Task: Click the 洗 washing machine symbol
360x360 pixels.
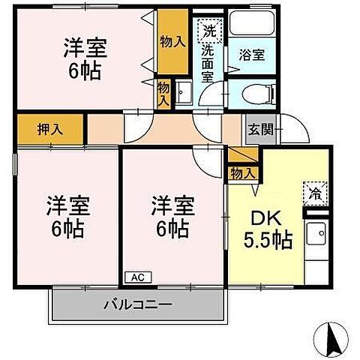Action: tap(207, 31)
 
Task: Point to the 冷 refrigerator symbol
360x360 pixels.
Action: tap(315, 193)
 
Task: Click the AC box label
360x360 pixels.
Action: tap(137, 277)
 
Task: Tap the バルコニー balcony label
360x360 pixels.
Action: tap(137, 305)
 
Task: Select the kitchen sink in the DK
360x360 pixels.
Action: tap(314, 234)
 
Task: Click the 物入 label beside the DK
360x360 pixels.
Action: tap(243, 173)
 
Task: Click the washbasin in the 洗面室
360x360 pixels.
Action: tap(186, 94)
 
